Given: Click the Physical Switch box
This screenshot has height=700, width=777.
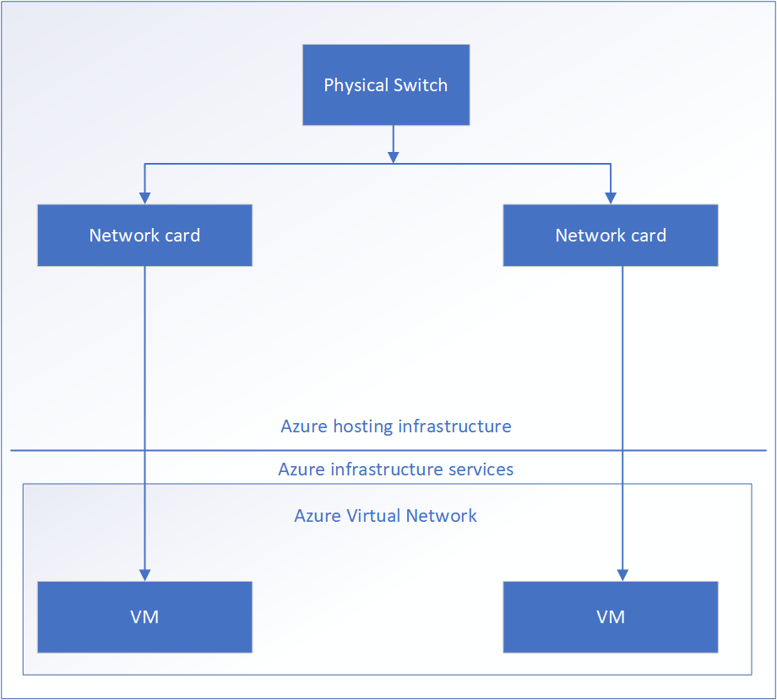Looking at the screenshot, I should (386, 85).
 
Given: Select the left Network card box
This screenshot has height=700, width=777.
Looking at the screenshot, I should (144, 236).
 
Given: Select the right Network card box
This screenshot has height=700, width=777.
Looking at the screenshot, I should (611, 236).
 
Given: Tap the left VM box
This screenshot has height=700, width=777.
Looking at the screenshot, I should (144, 617).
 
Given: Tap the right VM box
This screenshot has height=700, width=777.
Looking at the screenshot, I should (611, 617).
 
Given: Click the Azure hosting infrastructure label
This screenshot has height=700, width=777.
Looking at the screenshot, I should (396, 426).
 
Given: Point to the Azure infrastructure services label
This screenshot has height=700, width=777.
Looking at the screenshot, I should (396, 469).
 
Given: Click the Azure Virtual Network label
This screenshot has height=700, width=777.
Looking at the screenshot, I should (385, 516).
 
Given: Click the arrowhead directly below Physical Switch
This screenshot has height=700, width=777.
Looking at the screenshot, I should (393, 156).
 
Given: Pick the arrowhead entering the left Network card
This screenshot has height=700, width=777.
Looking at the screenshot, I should (144, 198).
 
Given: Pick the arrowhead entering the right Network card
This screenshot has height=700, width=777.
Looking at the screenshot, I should (611, 198).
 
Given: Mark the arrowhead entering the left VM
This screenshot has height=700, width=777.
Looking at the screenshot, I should (144, 574).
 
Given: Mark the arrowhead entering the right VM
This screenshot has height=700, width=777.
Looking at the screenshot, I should (622, 574).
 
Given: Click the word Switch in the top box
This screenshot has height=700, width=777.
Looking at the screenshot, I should (420, 85).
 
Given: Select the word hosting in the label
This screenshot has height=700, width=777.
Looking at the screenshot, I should (362, 426).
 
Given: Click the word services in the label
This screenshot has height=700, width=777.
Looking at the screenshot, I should (482, 469).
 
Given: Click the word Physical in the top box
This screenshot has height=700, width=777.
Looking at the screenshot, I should (356, 86).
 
